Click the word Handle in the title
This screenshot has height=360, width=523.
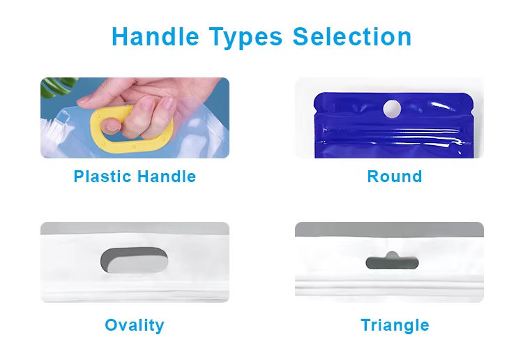(156, 36)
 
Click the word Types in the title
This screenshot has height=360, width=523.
(246, 38)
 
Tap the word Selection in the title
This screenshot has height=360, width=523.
(352, 36)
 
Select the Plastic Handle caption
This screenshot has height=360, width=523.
(135, 177)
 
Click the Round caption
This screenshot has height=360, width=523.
(395, 177)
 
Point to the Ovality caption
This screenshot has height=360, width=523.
(135, 325)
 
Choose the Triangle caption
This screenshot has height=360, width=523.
(395, 325)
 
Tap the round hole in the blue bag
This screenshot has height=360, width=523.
(392, 108)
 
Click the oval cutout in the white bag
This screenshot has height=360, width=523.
(134, 260)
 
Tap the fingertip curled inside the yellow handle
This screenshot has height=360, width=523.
(111, 126)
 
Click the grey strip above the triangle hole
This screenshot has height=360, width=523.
(389, 230)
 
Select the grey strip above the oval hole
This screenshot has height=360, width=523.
(135, 228)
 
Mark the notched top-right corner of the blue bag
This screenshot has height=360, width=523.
(471, 99)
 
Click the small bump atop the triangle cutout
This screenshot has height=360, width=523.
(392, 255)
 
